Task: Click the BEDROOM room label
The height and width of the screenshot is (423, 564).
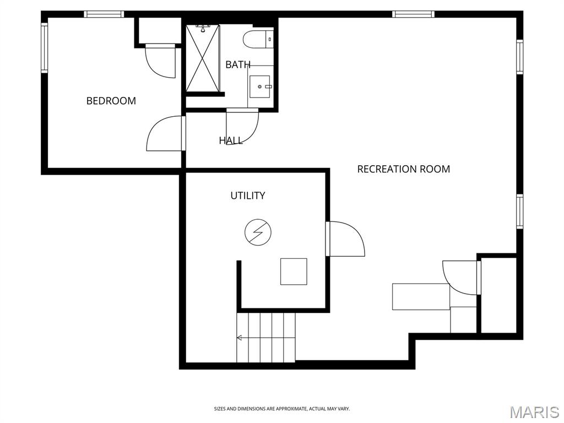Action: pyautogui.click(x=111, y=101)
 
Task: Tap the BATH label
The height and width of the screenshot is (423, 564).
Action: pyautogui.click(x=238, y=65)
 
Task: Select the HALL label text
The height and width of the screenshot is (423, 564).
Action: pyautogui.click(x=231, y=140)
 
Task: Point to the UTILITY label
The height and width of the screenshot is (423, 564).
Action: pyautogui.click(x=248, y=196)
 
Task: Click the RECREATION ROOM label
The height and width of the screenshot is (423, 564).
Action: pyautogui.click(x=404, y=169)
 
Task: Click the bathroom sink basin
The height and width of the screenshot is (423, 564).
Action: pyautogui.click(x=260, y=86)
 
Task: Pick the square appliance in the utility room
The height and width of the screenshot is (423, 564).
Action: pyautogui.click(x=294, y=272)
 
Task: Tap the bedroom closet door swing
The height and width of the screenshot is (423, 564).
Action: pyautogui.click(x=160, y=61)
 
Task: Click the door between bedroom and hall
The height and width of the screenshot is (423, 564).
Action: pyautogui.click(x=166, y=133)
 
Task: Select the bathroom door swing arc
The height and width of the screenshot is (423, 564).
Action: pyautogui.click(x=242, y=127)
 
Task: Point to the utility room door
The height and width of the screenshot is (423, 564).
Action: pyautogui.click(x=345, y=239)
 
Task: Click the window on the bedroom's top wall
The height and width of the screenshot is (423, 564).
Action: pyautogui.click(x=104, y=14)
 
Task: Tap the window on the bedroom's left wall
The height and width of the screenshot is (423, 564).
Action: pyautogui.click(x=44, y=48)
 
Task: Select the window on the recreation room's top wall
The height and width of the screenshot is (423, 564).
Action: pyautogui.click(x=413, y=14)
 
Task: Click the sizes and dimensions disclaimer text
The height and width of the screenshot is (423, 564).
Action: pyautogui.click(x=282, y=409)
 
